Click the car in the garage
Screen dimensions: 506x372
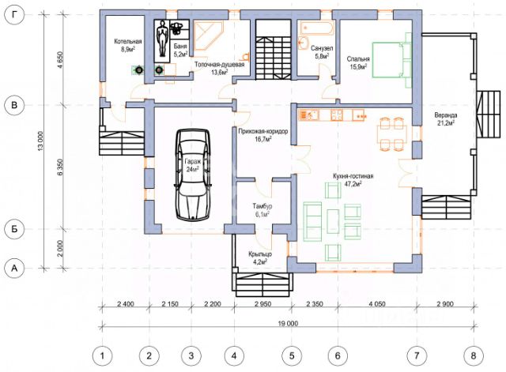(193, 175)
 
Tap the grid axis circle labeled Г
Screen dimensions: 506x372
(14, 14)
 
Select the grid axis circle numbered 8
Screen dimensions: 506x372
(474, 356)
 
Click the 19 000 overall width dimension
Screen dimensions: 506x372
(288, 323)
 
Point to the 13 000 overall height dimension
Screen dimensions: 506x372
(40, 141)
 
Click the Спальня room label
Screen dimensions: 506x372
(358, 59)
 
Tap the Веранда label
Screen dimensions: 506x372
(446, 115)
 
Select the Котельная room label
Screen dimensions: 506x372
(128, 42)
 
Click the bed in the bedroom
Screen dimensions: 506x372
(392, 60)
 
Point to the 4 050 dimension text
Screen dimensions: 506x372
(377, 304)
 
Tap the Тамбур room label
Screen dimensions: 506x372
(262, 205)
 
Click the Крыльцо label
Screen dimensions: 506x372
(260, 254)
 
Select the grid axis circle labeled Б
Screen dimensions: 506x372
(14, 229)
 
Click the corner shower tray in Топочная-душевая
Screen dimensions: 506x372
(208, 36)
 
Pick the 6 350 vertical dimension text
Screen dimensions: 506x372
(60, 167)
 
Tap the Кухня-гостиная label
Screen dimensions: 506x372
(353, 176)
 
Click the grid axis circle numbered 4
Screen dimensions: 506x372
(234, 356)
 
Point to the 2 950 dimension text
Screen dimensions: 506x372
(263, 304)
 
